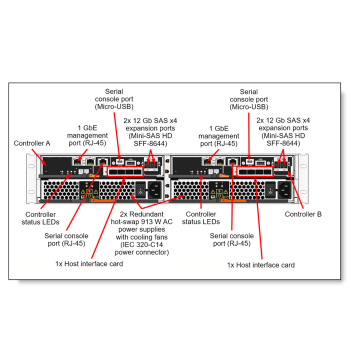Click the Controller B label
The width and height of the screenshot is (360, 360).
(303, 215)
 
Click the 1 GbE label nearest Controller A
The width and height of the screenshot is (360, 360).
(87, 127)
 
